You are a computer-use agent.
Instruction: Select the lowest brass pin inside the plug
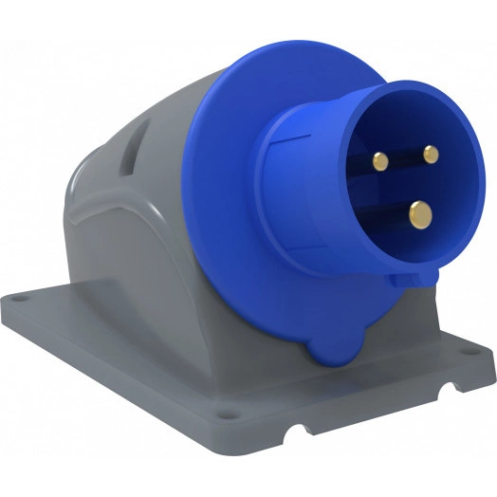[418, 216]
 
